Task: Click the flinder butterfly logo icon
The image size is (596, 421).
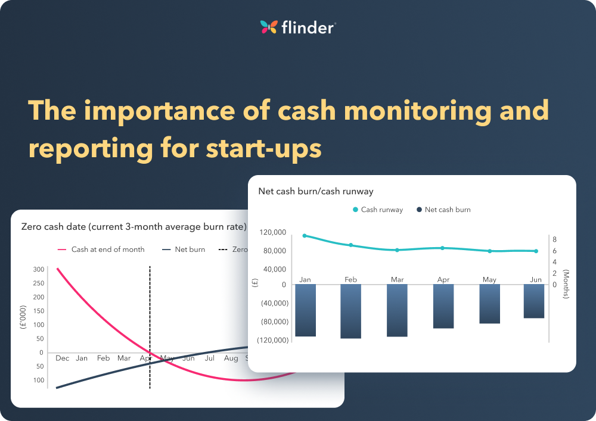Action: pos(269,27)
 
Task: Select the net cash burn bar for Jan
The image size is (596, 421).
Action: pos(305,310)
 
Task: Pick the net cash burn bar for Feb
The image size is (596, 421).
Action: pos(351,311)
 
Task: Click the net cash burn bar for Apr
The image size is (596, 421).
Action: pos(444,306)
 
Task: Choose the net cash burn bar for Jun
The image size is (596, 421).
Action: pos(534,301)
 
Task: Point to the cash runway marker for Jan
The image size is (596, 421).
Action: pos(305,236)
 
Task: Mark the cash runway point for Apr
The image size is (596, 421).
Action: pos(442,248)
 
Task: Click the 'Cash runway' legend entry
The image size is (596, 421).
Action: pos(378,210)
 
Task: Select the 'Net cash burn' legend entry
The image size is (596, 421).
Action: pos(444,210)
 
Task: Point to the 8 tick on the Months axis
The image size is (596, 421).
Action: pos(554,239)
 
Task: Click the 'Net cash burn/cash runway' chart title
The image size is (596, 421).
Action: pos(315,191)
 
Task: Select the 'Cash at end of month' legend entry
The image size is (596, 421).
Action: pos(102,250)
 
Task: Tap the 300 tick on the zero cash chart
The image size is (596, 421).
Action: pos(39,269)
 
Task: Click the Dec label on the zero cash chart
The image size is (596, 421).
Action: pos(62,358)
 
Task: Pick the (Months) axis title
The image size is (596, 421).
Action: pos(566,284)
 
